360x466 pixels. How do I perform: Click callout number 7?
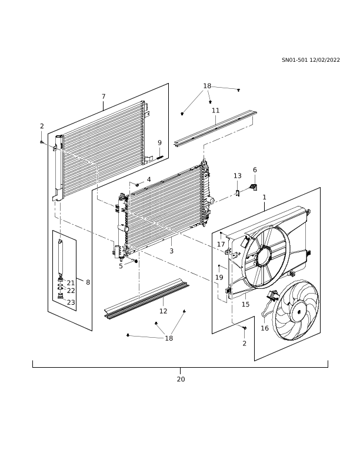pos(104,96)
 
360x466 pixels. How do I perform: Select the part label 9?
pos(159,142)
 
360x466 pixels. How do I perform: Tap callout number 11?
pos(215,110)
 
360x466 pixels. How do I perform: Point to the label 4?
pos(149,179)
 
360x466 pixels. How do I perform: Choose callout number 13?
pos(237,175)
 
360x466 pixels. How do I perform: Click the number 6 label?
pos(255,169)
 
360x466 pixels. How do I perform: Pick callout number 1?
pos(264,197)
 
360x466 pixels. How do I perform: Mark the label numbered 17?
pos(221,244)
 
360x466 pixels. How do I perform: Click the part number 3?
pos(171,251)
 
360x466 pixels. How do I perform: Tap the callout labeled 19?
pos(219,277)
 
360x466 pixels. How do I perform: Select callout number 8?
pos(87,282)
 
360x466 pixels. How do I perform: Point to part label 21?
pos(71,283)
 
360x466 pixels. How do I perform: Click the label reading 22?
pos(71,291)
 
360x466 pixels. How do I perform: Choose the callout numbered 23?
pos(71,302)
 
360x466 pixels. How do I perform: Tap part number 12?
pos(163,311)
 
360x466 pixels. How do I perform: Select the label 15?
pos(245,304)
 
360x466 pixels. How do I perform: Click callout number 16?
pos(264,328)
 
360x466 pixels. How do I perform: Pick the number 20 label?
pos(181,380)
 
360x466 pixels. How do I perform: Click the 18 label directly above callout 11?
pos(206,86)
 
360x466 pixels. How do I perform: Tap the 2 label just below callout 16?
pos(245,344)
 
